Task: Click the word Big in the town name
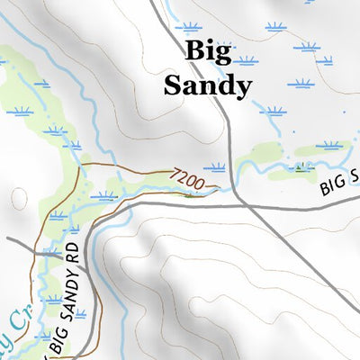pyautogui.click(x=206, y=50)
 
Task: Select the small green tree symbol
pyautogui.click(x=301, y=166)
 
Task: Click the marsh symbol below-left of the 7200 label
pyautogui.click(x=106, y=195)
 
